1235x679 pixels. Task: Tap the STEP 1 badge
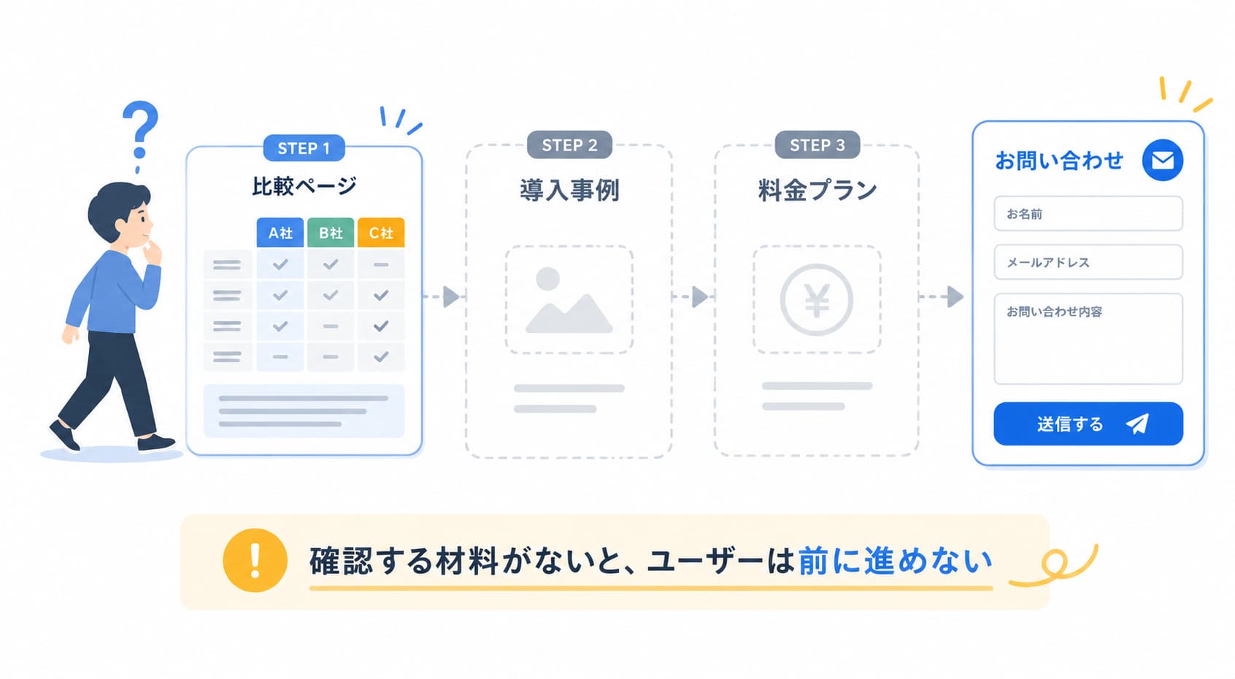(x=304, y=147)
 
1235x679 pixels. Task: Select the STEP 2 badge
(x=569, y=145)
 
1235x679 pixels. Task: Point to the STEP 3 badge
(x=817, y=145)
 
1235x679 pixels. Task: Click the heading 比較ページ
(x=304, y=186)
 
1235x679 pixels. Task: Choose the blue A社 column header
(x=280, y=232)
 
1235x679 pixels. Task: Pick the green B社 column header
(x=331, y=232)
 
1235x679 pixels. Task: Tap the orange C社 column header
(x=381, y=232)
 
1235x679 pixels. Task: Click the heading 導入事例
(x=569, y=191)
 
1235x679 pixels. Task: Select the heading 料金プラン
(x=817, y=191)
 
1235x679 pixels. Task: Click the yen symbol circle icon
(x=817, y=300)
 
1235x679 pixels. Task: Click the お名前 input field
(x=1088, y=213)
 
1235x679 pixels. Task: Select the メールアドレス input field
(x=1088, y=262)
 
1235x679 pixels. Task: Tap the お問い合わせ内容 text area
(x=1088, y=339)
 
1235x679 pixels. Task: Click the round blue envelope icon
(x=1163, y=160)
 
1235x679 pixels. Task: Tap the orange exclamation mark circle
(x=255, y=561)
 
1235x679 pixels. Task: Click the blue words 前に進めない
(x=895, y=561)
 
